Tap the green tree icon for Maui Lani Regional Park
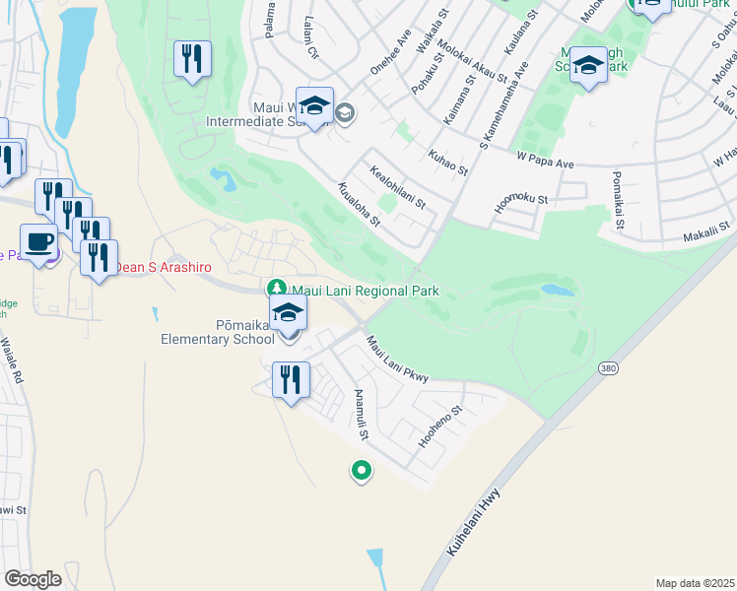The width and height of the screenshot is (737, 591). (278, 288)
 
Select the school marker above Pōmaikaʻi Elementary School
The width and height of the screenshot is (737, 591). (289, 314)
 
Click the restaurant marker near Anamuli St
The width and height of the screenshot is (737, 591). (291, 379)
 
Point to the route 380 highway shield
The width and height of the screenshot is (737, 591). (607, 366)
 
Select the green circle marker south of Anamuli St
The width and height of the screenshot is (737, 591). (361, 472)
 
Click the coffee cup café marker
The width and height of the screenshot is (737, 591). (38, 242)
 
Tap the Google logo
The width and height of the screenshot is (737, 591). (33, 579)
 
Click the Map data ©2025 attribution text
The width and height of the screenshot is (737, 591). (694, 583)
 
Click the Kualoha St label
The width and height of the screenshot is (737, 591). (359, 204)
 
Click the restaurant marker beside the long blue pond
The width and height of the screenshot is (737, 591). (192, 58)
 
